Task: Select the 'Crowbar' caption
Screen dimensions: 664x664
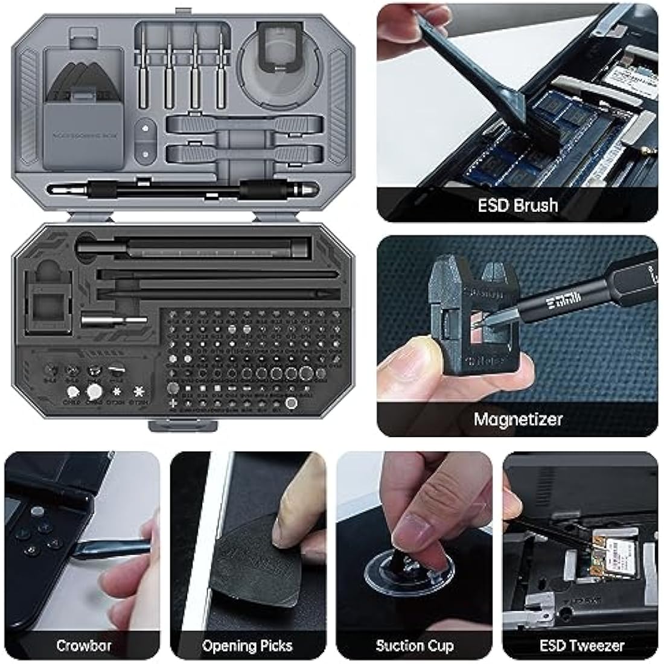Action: coord(83,645)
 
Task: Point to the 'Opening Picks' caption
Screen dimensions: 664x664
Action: coord(247,646)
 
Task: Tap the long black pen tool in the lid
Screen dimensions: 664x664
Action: coord(181,190)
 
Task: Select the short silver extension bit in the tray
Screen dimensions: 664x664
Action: coord(115,320)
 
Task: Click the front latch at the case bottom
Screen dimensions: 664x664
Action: coord(182,425)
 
